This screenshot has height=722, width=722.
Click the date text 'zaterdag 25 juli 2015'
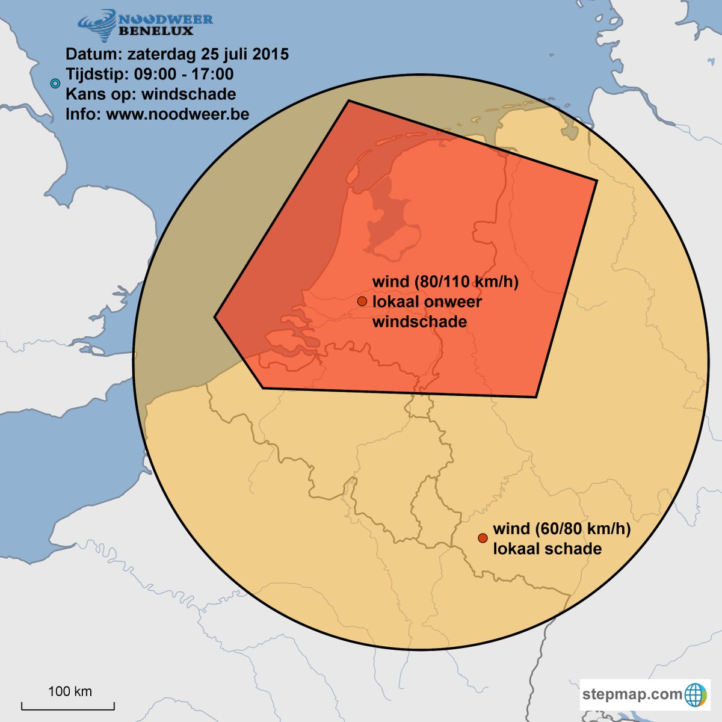pos(208,54)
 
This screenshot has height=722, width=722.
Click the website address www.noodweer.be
pos(177,114)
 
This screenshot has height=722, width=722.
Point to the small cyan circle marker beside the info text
pos(55,84)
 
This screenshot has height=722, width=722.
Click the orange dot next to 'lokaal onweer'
pos(362,301)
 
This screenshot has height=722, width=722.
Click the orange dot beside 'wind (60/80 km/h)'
pos(483,538)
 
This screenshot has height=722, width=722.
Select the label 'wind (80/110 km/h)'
pos(445,282)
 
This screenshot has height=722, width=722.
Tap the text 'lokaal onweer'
pos(427,301)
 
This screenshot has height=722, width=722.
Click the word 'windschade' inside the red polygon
pos(419,321)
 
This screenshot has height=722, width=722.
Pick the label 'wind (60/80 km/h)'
pos(561,529)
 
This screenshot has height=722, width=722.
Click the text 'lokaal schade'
pos(547,549)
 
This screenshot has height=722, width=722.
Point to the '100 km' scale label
pos(70,691)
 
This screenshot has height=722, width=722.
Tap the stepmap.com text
pos(632,694)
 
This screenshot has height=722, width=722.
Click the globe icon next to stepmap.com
pos(696,695)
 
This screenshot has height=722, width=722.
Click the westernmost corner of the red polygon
pos(215,316)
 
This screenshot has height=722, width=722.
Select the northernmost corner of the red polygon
pos(348,101)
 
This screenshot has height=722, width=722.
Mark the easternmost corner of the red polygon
pos(597,180)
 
